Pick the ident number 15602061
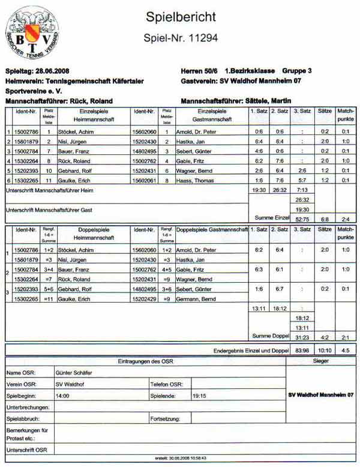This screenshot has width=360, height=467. click(144, 179)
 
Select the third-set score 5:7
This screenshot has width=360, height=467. click(302, 179)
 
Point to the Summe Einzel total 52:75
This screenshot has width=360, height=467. click(302, 219)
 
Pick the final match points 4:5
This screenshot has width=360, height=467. click(345, 350)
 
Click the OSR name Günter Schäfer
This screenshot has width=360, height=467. click(74, 373)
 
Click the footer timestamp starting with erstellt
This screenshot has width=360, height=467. click(180, 458)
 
